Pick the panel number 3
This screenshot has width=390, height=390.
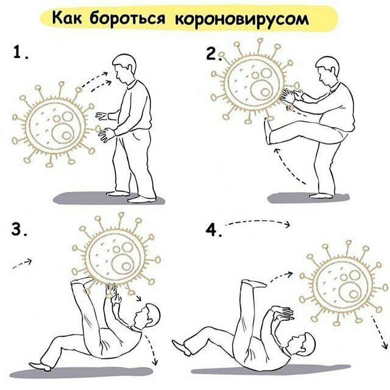[x=19, y=230]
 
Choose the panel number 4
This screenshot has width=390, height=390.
[x=211, y=230]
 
